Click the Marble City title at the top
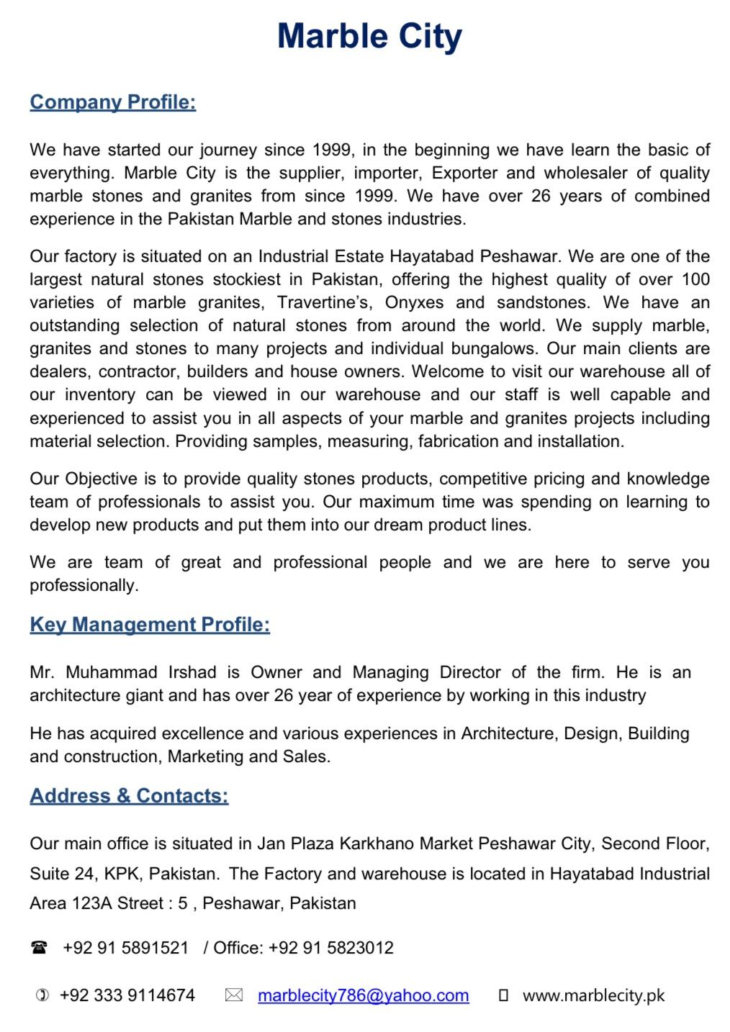(369, 36)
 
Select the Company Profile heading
(113, 102)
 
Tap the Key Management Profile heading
(150, 625)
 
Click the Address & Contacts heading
(129, 796)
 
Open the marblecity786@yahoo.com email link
(363, 995)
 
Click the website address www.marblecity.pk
(593, 996)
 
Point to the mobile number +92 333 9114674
(127, 995)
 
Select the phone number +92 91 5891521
(126, 948)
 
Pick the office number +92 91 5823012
(331, 948)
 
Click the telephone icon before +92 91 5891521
(39, 948)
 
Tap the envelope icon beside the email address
(233, 995)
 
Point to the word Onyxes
(414, 302)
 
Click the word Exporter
(464, 173)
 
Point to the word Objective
(101, 479)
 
